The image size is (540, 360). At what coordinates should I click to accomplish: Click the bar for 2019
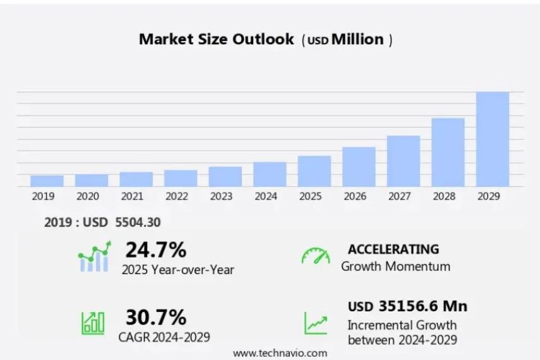tap(47, 181)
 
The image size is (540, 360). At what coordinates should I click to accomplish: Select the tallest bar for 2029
tap(492, 139)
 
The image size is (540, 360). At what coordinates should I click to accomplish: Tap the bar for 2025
tap(314, 171)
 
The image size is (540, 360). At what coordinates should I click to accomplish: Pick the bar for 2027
tap(403, 161)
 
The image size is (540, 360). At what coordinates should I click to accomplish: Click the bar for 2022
tap(181, 178)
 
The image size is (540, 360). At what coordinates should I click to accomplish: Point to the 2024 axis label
tap(266, 196)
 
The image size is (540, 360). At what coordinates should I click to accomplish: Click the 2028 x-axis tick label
tap(444, 196)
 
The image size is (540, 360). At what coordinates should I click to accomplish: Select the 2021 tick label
tap(132, 196)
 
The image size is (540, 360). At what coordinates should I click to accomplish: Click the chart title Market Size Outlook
tap(216, 39)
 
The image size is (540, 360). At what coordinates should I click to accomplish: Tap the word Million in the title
tap(357, 39)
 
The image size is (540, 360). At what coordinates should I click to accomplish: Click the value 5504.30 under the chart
tap(138, 222)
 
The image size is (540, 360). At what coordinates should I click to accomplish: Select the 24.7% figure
tap(155, 250)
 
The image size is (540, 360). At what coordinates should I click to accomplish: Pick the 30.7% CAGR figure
tap(155, 316)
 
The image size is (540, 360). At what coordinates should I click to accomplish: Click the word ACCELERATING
tap(393, 249)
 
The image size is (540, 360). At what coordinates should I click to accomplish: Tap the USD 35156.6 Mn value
tap(407, 306)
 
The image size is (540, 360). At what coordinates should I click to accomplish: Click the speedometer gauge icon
tap(315, 256)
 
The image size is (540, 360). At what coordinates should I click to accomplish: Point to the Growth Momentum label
tap(395, 266)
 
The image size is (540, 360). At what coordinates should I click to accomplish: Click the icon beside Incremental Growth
tap(315, 323)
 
